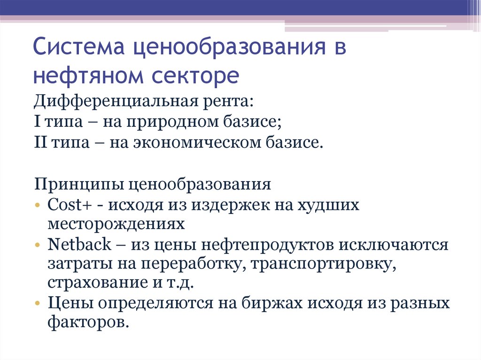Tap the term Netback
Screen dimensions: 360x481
tap(79, 245)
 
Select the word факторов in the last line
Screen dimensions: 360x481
tap(88, 323)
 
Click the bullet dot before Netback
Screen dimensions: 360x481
tap(37, 245)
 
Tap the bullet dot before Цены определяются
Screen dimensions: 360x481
tap(37, 304)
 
